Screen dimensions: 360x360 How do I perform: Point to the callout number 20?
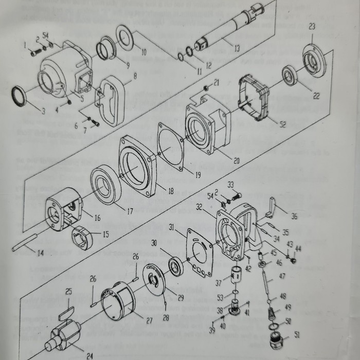(236, 161)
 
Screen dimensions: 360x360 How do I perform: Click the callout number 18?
(171, 191)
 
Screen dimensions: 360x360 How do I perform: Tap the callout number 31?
(171, 227)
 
